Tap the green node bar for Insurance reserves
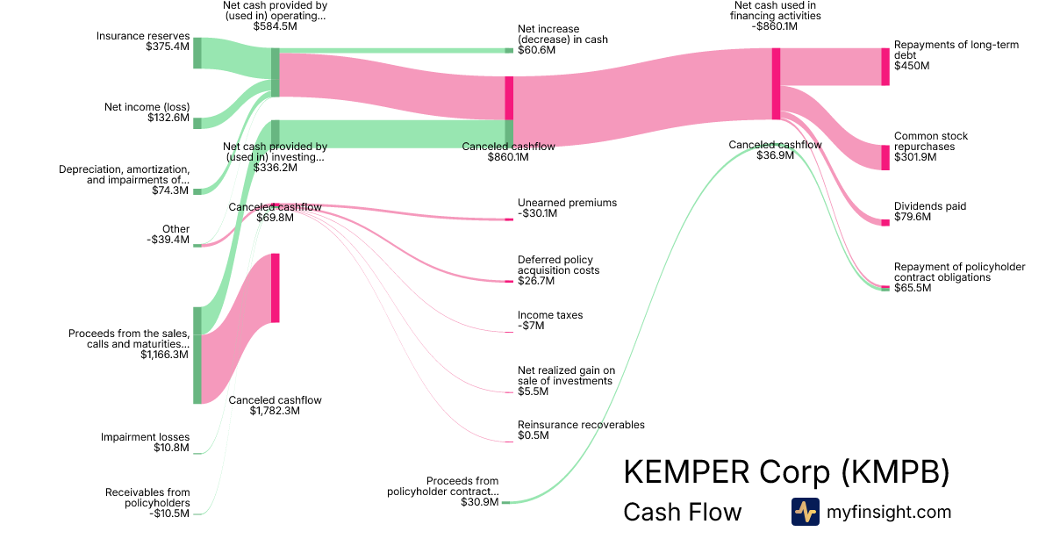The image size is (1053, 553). tap(197, 53)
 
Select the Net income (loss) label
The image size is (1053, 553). tap(147, 112)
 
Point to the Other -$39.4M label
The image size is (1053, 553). tap(170, 234)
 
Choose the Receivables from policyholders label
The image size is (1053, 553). tap(147, 503)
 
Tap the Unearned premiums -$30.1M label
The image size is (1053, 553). tap(567, 208)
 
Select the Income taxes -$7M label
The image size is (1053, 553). tap(550, 320)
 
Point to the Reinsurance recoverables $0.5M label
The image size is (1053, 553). tap(581, 430)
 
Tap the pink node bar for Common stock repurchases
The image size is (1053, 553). tap(885, 157)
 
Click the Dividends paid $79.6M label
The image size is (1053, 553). tap(930, 212)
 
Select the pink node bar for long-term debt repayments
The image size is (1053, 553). tap(885, 67)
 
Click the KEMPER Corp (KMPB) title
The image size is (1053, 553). tap(786, 472)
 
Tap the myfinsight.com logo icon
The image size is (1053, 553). tap(805, 512)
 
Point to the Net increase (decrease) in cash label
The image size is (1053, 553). tap(562, 39)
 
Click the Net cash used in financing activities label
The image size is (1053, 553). tap(776, 16)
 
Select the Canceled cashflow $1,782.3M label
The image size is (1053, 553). tap(275, 406)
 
